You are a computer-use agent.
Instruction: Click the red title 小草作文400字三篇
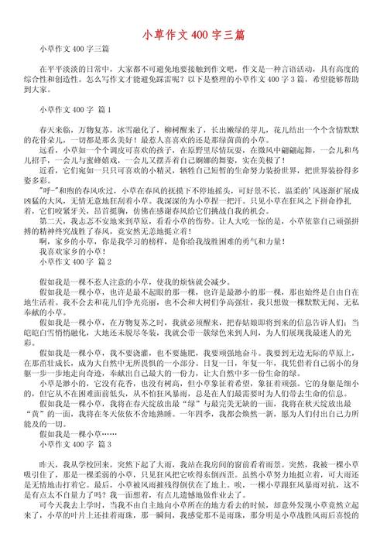click(193, 35)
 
